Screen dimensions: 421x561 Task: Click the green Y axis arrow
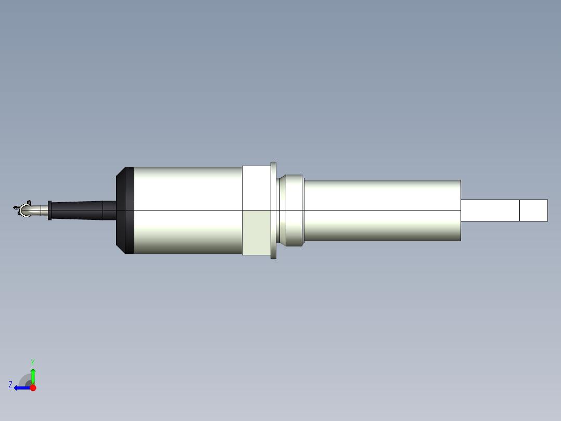point(33,375)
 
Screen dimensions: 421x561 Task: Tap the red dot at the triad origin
point(33,388)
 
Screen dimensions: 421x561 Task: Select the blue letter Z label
point(10,385)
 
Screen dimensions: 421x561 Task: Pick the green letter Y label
point(32,362)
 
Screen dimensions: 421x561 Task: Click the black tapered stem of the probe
point(78,210)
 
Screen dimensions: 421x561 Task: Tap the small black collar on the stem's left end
point(49,210)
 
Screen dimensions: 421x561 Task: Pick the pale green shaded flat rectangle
point(256,232)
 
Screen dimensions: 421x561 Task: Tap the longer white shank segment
point(490,210)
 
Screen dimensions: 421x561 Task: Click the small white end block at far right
point(533,210)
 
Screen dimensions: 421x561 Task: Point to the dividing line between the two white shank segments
point(520,210)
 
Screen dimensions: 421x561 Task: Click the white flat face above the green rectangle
point(256,188)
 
